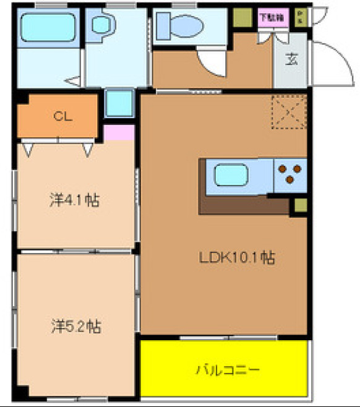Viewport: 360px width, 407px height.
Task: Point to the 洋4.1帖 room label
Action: pyautogui.click(x=75, y=201)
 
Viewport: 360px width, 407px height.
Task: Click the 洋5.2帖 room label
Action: pyautogui.click(x=75, y=325)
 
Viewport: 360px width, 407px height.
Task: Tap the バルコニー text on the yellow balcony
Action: pyautogui.click(x=228, y=370)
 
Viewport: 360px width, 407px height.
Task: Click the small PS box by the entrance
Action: pyautogui.click(x=300, y=17)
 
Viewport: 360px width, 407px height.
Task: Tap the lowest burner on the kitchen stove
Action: pyautogui.click(x=289, y=181)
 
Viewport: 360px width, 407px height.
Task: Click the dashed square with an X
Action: pyautogui.click(x=288, y=113)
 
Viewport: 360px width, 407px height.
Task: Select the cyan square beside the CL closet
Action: pyautogui.click(x=118, y=103)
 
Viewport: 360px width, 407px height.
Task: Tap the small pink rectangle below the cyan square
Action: pyautogui.click(x=119, y=132)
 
